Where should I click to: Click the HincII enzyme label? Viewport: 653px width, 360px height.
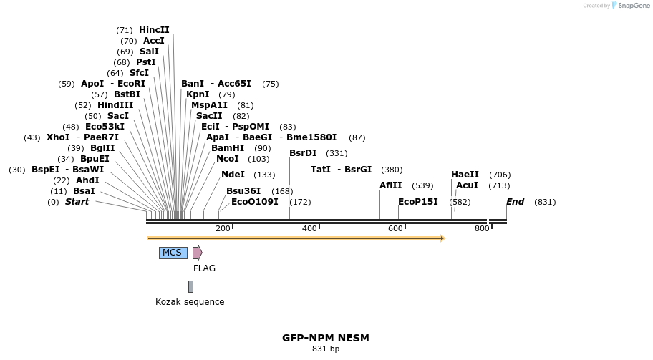154,30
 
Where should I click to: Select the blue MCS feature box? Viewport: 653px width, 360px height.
173,253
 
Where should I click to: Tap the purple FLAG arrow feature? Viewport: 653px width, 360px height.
197,253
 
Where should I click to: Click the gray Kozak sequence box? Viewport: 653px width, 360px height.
190,286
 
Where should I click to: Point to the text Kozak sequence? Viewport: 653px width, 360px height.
190,302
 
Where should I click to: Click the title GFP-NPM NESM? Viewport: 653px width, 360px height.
326,338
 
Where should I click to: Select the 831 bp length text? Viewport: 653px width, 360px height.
326,349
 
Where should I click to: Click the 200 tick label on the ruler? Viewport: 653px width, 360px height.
223,228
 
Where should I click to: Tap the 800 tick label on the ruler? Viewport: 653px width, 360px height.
482,228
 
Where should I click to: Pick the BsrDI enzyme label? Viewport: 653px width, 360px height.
303,153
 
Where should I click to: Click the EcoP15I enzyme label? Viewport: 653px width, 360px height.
418,202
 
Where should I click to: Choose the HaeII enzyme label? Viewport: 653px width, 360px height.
465,175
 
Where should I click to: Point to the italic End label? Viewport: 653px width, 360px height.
516,202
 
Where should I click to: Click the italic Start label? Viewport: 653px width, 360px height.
77,202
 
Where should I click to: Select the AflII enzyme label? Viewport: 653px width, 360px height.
391,185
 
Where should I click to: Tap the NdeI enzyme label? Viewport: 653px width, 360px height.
233,175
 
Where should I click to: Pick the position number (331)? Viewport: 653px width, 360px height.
337,153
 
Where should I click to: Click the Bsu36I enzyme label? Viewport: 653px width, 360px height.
243,191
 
